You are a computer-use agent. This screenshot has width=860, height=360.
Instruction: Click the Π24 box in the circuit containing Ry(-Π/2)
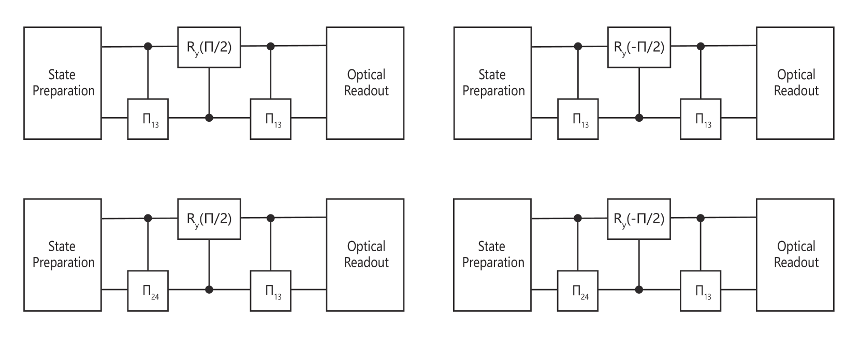click(577, 290)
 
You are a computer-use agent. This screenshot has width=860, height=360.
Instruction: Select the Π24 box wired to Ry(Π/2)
click(148, 290)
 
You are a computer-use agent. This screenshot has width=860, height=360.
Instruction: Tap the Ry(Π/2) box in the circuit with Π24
click(209, 219)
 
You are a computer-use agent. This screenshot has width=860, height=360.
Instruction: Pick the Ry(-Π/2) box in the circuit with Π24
click(639, 219)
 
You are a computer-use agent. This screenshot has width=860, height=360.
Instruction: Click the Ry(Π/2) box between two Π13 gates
click(209, 47)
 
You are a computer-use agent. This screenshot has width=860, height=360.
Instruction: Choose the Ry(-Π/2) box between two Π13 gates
click(639, 47)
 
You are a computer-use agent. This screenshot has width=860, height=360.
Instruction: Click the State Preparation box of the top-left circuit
click(63, 83)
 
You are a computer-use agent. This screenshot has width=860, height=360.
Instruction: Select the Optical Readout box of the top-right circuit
click(795, 83)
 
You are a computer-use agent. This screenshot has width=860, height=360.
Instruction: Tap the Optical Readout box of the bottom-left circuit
click(365, 254)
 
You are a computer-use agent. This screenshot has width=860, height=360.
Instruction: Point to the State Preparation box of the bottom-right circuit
click(492, 254)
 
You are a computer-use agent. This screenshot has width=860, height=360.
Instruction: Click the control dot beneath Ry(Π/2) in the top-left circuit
click(209, 118)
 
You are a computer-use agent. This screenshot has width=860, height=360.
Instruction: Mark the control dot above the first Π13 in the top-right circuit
click(578, 47)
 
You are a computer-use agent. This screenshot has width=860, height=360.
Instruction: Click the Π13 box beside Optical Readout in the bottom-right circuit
click(701, 290)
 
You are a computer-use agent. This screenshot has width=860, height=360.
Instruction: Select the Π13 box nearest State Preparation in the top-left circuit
click(148, 119)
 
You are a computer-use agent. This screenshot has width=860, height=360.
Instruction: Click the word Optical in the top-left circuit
click(366, 75)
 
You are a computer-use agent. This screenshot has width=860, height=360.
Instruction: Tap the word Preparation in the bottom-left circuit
click(64, 263)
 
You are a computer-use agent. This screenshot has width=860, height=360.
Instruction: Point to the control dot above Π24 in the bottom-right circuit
click(578, 219)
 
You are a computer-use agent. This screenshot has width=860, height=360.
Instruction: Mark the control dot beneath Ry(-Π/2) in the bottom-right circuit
click(639, 290)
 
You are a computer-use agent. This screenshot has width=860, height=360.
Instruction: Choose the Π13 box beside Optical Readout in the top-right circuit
click(701, 119)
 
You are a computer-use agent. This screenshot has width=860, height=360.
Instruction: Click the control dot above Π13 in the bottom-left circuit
click(270, 219)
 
